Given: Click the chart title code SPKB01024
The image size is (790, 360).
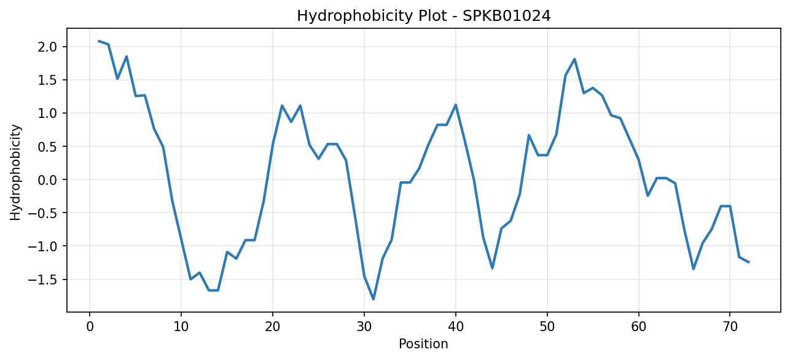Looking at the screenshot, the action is pos(506,16).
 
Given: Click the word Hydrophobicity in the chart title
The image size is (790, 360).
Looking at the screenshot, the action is pos(354,16).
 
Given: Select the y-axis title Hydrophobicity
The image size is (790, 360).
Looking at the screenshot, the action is pos(15,173).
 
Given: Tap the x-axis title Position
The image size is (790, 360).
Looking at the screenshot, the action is pos(423,344).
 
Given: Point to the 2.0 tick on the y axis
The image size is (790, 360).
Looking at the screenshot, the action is pos(47,47).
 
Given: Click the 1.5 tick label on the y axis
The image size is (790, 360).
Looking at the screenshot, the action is pos(47,80).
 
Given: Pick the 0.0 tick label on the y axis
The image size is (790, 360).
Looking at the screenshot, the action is pos(47,180).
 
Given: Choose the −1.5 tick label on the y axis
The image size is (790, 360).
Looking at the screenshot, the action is pos(42,280).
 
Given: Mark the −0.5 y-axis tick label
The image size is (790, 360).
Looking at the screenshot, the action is pos(42,213).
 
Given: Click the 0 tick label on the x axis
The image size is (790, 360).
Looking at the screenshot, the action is pos(90,327).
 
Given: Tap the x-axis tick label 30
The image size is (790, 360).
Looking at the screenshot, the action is pos(364,327).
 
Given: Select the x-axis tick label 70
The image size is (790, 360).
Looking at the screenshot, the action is pos(730,327).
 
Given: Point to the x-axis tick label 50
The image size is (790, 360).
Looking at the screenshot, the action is pos(547,327).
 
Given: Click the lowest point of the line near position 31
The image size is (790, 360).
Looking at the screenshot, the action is pos(373,299).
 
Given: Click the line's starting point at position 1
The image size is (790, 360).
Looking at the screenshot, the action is pos(99,41).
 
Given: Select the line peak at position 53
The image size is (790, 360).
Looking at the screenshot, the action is pos(574,59).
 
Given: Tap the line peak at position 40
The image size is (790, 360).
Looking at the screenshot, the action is pos(456,104).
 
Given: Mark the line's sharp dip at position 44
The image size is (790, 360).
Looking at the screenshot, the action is pos(492,268).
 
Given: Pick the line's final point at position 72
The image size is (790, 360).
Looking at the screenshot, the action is pos(748,262).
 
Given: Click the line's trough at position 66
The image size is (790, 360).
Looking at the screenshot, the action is pos(694,269).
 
